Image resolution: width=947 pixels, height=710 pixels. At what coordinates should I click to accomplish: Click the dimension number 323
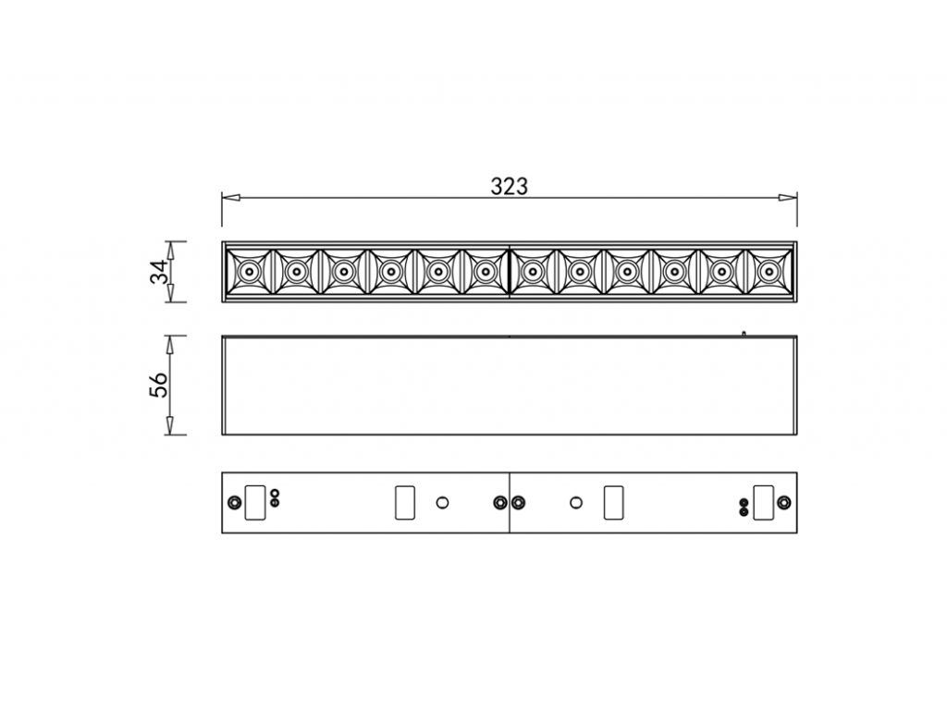pyautogui.click(x=509, y=186)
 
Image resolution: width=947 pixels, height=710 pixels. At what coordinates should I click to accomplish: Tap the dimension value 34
pyautogui.click(x=160, y=272)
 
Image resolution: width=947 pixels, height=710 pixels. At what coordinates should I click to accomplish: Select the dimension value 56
pyautogui.click(x=160, y=385)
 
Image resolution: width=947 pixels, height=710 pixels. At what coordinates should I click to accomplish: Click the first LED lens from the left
pyautogui.click(x=249, y=271)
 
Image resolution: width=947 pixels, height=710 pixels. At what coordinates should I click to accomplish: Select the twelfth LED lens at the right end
pyautogui.click(x=769, y=271)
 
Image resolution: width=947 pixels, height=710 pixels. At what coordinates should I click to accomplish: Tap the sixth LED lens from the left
pyautogui.click(x=485, y=271)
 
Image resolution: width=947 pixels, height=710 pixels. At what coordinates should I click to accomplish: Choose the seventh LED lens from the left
pyautogui.click(x=533, y=271)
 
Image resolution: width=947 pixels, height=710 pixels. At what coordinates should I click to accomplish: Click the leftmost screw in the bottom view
pyautogui.click(x=234, y=502)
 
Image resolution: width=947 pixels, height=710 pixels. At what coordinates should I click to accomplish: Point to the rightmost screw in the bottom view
pyautogui.click(x=784, y=502)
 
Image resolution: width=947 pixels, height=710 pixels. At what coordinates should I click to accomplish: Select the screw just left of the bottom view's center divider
pyautogui.click(x=500, y=502)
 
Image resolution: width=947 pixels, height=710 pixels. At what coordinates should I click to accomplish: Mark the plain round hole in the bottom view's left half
pyautogui.click(x=442, y=502)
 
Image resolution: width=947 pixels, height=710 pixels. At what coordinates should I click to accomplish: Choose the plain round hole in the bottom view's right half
pyautogui.click(x=576, y=502)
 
